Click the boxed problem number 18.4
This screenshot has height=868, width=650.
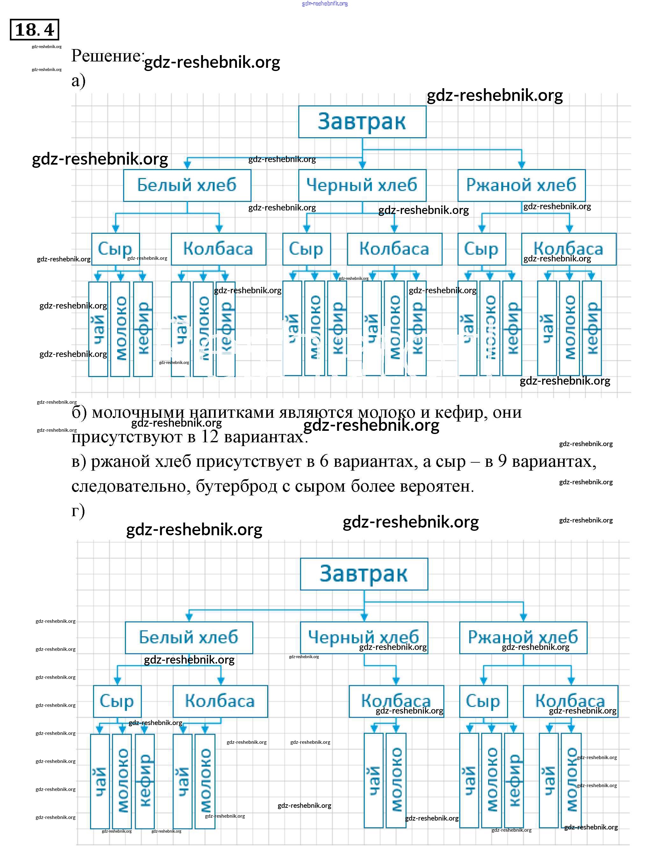[34, 29]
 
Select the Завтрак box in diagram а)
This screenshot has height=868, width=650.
[362, 122]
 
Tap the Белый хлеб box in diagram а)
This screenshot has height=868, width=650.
[187, 185]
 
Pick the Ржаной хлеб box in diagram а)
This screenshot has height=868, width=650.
[521, 185]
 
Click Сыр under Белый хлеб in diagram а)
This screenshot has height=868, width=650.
[115, 249]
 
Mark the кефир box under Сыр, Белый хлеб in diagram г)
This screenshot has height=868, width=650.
[145, 781]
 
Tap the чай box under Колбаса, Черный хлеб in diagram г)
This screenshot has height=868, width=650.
[373, 781]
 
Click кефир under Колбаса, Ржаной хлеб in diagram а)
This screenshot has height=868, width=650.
[591, 328]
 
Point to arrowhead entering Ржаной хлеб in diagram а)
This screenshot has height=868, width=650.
[521, 165]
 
